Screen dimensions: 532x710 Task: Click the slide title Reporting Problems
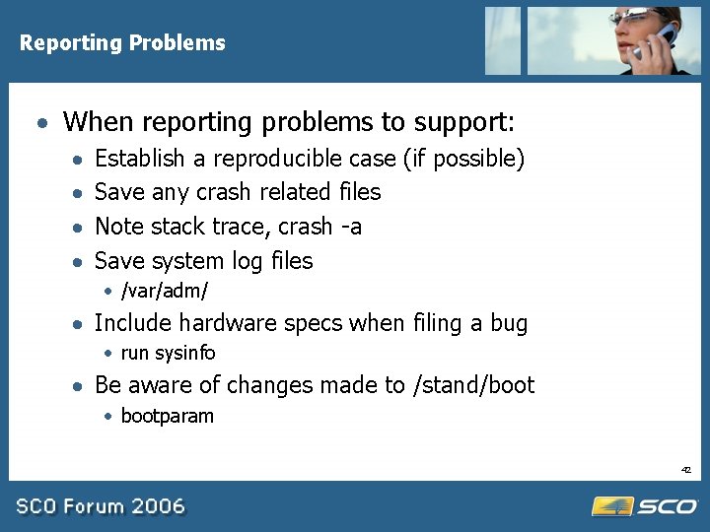coord(122,43)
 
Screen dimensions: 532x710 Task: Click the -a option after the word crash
coord(350,227)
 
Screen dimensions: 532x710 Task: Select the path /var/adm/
coord(164,291)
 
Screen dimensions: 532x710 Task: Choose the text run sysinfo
coord(168,353)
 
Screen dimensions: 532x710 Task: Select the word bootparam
coord(167,416)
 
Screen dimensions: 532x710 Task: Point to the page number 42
coord(685,470)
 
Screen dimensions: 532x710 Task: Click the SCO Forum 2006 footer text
coord(101,506)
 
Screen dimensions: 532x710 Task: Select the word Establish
coord(139,159)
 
